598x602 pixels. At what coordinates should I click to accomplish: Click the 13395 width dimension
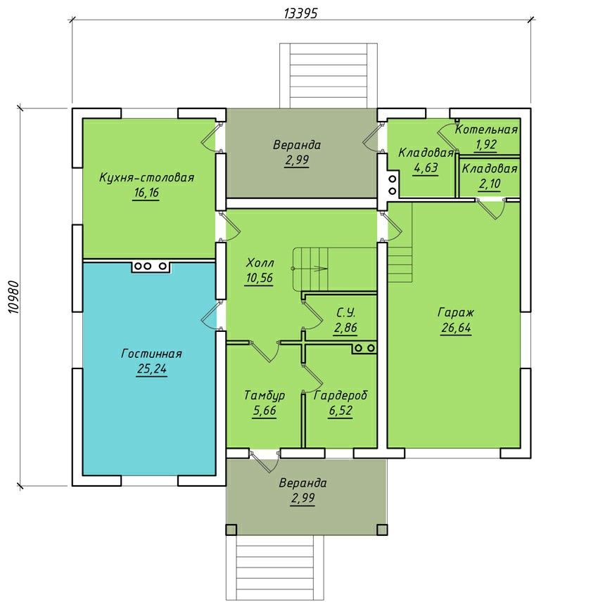300,13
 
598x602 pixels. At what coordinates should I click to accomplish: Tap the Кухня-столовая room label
147,178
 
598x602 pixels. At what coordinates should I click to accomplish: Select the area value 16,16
146,193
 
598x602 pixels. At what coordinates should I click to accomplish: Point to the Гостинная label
151,353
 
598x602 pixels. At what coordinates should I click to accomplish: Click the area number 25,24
152,369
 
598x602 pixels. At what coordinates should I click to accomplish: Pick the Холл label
260,263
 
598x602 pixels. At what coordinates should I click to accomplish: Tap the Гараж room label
456,312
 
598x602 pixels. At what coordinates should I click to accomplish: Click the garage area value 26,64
456,328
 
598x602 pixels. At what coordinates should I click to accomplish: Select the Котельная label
486,129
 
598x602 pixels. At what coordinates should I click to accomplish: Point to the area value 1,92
486,145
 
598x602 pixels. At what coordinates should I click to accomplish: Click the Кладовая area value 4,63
426,168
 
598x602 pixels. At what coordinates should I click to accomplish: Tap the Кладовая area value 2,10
490,184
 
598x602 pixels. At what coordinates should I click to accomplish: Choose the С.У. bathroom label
345,313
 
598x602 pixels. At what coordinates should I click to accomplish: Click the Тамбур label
265,395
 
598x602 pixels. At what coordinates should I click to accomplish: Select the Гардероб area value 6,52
341,411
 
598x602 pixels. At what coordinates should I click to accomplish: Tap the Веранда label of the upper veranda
297,145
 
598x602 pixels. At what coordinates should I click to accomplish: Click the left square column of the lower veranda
231,530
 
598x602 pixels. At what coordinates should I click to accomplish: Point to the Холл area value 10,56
260,278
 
